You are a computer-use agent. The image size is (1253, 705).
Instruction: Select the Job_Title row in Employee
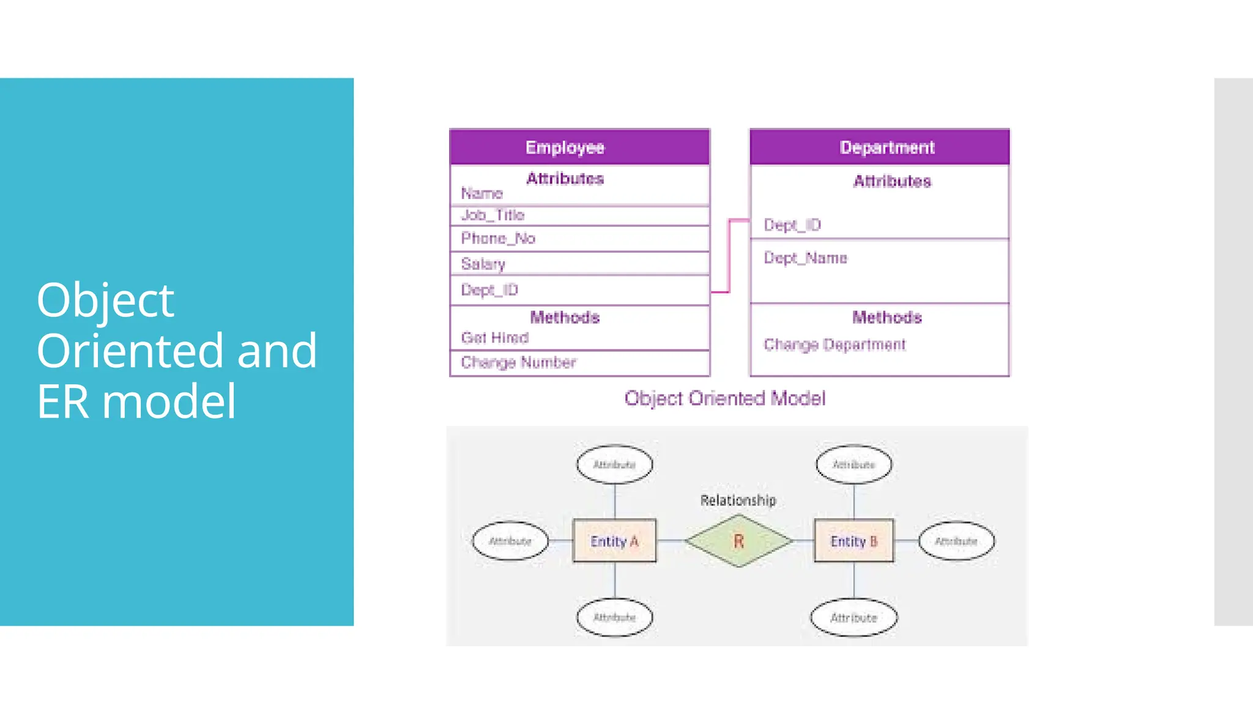click(x=579, y=215)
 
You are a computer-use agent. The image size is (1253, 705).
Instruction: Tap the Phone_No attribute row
click(x=579, y=239)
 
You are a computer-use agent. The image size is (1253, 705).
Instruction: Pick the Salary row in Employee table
click(x=579, y=264)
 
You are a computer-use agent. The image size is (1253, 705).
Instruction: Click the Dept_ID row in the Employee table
click(x=579, y=290)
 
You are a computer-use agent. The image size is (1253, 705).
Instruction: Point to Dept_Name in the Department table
click(x=805, y=258)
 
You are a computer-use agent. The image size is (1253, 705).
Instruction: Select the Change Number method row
click(x=579, y=363)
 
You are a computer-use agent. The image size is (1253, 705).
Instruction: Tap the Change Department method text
click(x=834, y=345)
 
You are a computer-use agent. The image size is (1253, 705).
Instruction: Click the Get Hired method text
click(x=494, y=338)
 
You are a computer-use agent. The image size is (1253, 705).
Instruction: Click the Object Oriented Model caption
click(x=724, y=399)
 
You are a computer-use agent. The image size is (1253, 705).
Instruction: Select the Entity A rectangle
click(x=614, y=541)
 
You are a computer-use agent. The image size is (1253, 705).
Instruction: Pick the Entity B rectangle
click(x=853, y=541)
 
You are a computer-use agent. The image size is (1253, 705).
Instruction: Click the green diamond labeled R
click(x=738, y=541)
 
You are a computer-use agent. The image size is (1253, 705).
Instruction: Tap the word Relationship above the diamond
click(x=738, y=501)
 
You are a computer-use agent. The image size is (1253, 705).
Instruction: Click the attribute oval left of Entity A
click(x=510, y=541)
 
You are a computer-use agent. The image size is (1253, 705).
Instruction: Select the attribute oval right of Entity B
click(x=956, y=541)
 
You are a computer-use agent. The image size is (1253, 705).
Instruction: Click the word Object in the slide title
click(x=105, y=300)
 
